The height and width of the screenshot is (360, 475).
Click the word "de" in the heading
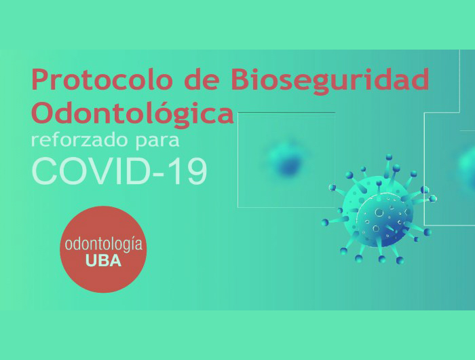202,79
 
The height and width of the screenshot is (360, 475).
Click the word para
157,142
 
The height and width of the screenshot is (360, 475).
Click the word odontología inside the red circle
104,245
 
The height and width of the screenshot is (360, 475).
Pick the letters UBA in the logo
103,261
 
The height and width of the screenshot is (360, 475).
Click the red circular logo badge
103,249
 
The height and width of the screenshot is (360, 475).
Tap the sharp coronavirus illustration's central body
377,211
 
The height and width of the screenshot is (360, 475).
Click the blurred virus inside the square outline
286,160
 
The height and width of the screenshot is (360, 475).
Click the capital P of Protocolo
39,79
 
